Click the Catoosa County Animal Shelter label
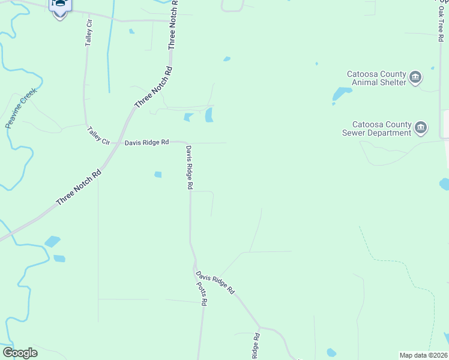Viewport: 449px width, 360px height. [376, 78]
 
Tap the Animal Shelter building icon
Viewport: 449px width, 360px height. [415, 77]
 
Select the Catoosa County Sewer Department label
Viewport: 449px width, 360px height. [376, 128]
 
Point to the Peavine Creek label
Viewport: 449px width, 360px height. [21, 108]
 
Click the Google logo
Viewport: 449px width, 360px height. [20, 353]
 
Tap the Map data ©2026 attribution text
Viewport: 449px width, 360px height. [423, 355]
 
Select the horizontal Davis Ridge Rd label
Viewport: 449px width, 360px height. [147, 143]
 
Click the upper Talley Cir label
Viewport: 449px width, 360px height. [89, 33]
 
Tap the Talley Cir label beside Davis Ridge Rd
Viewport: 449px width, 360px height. [98, 136]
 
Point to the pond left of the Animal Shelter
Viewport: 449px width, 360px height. [342, 94]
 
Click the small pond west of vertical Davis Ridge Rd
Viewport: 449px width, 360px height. [158, 175]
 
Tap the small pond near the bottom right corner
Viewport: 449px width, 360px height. [331, 352]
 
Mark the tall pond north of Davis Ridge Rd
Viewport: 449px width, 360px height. [209, 115]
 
